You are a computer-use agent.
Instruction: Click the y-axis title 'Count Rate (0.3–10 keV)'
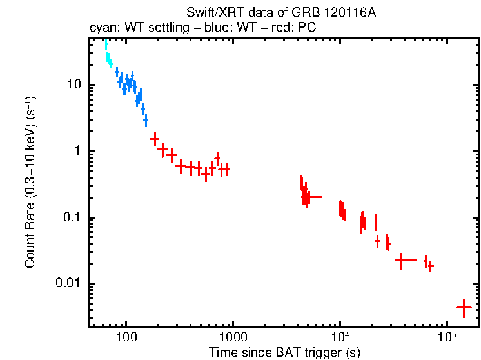pyautogui.click(x=30, y=187)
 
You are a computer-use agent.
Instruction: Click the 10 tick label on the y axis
pyautogui.click(x=74, y=85)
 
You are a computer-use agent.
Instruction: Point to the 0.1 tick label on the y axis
pyautogui.click(x=72, y=217)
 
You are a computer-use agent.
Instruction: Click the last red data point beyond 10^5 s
pyautogui.click(x=464, y=308)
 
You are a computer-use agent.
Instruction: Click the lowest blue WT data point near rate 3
pyautogui.click(x=146, y=121)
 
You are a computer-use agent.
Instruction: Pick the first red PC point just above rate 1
pyautogui.click(x=155, y=139)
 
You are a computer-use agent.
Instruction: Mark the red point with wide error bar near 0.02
pyautogui.click(x=403, y=261)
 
